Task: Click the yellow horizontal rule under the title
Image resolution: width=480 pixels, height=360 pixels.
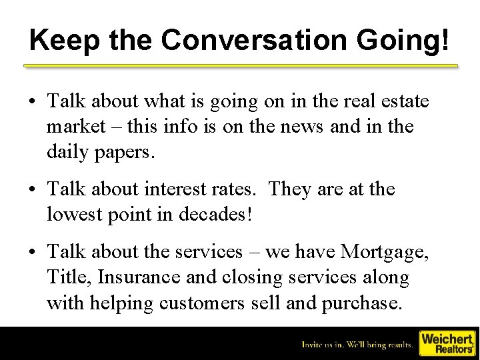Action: pyautogui.click(x=241, y=66)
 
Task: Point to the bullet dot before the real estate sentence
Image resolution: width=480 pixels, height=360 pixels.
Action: pyautogui.click(x=32, y=102)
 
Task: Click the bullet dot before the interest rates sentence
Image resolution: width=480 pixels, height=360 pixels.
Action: pyautogui.click(x=32, y=190)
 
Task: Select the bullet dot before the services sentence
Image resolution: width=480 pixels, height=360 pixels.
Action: pyautogui.click(x=32, y=253)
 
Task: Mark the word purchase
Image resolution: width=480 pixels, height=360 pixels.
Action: pyautogui.click(x=362, y=303)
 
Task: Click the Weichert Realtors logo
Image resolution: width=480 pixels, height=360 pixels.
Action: pyautogui.click(x=447, y=343)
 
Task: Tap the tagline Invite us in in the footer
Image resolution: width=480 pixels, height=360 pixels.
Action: pyautogui.click(x=358, y=345)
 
